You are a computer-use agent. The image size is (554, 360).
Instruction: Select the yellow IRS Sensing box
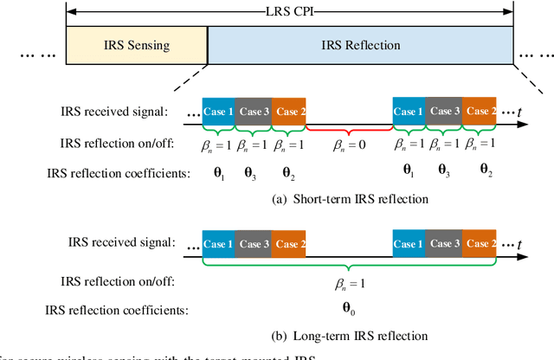137,43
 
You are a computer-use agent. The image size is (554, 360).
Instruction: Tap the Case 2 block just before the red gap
288,112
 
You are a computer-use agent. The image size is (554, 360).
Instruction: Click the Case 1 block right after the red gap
409,112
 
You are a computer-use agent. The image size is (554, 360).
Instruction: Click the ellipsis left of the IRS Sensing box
38,53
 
